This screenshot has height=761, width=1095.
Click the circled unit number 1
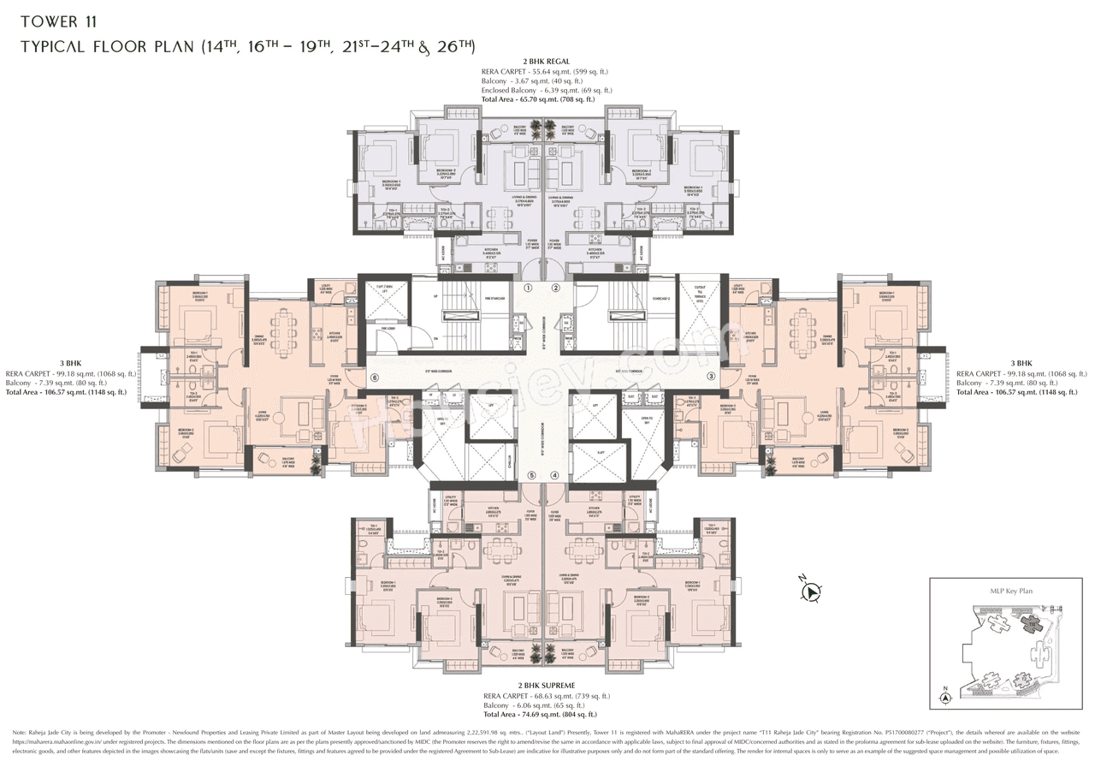529,288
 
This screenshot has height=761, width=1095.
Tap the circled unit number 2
555,288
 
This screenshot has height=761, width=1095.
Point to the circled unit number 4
554,475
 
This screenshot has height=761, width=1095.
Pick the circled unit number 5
531,475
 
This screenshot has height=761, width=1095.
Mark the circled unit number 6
374,377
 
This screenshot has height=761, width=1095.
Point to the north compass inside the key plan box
945,698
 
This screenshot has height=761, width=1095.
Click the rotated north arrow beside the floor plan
810,590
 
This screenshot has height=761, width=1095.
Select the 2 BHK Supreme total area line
539,714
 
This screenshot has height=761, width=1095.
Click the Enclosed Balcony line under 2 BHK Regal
546,90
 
